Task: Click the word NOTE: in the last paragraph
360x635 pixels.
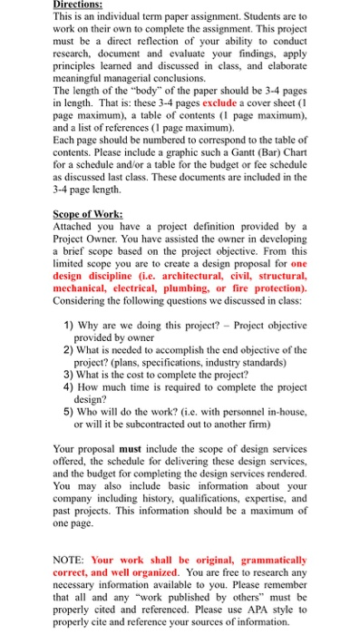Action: pyautogui.click(x=73, y=562)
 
